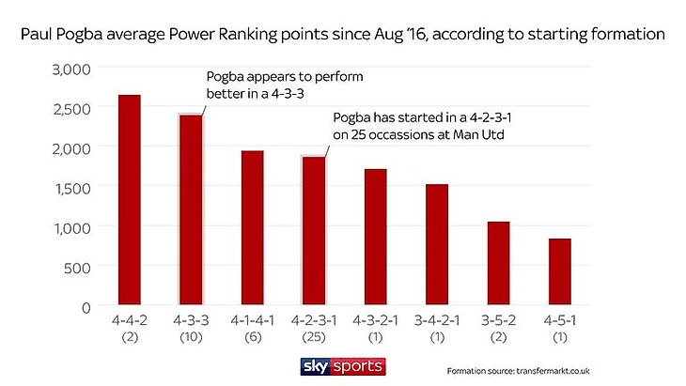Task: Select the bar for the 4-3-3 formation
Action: click(191, 210)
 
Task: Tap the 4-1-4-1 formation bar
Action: click(252, 228)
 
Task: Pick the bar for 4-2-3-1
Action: click(314, 231)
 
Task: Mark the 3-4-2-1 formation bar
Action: click(436, 245)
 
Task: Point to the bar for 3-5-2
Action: click(498, 264)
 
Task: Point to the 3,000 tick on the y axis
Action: click(71, 69)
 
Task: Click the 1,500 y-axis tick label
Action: click(72, 188)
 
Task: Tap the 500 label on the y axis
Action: click(77, 267)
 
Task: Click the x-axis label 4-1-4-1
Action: click(252, 322)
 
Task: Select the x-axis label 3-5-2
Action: click(498, 322)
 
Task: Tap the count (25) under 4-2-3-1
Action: click(314, 337)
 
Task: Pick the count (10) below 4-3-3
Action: click(191, 337)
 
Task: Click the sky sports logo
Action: click(342, 364)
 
